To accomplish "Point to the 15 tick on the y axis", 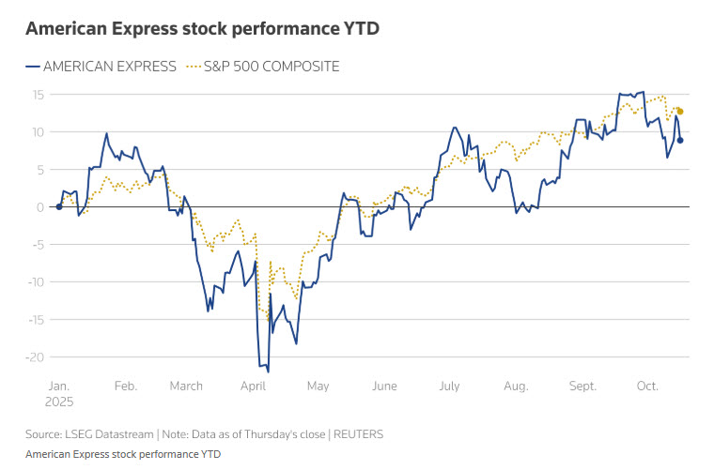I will [39, 95].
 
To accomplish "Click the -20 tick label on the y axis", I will [36, 357].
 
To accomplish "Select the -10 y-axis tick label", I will [36, 282].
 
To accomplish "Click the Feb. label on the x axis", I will [125, 386].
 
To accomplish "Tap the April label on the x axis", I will [253, 386].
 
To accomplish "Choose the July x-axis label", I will [449, 386].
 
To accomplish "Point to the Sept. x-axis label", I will [582, 386].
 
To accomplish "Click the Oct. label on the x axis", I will [648, 386].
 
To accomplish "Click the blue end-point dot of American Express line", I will [680, 141].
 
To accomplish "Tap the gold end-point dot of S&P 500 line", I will [680, 112].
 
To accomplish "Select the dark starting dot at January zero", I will [59, 207].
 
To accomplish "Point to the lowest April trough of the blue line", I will [268, 371].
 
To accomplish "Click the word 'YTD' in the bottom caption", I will [209, 454].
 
